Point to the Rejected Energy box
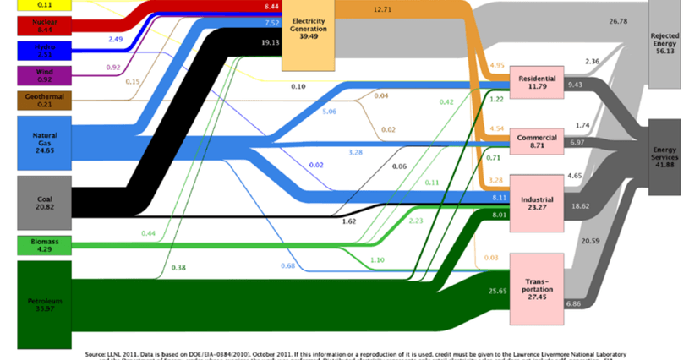point(671,42)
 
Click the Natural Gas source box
point(44,140)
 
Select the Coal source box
point(44,203)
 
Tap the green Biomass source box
point(44,246)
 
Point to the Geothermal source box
point(44,101)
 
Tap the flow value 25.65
point(475,291)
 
